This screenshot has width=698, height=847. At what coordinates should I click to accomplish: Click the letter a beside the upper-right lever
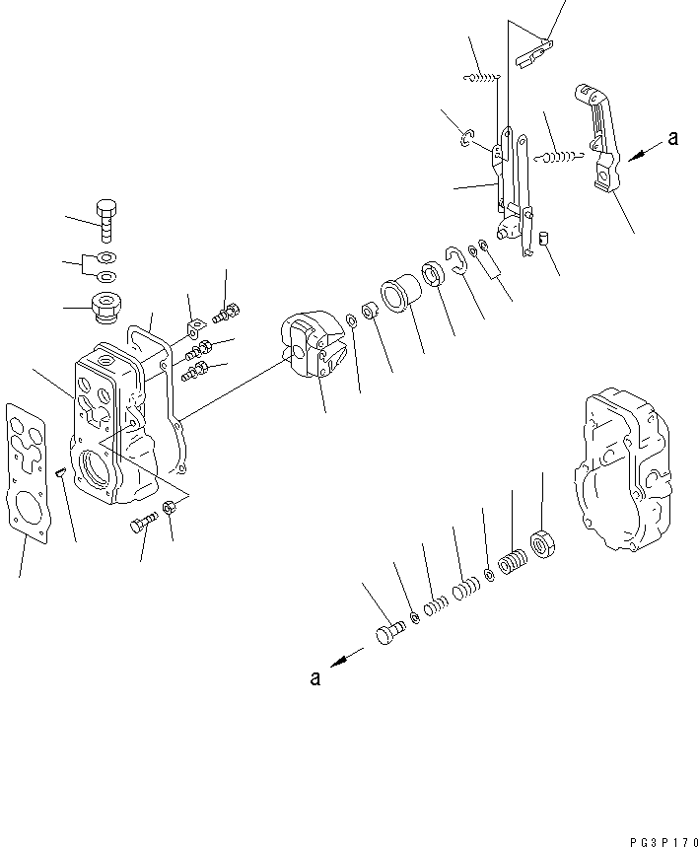tap(672, 139)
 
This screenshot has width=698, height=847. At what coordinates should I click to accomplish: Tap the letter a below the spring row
tap(314, 677)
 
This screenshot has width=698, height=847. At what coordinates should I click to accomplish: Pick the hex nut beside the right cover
tap(541, 541)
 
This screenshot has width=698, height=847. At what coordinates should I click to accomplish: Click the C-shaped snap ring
tap(455, 261)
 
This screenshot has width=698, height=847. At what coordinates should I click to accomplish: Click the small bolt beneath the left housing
tap(144, 524)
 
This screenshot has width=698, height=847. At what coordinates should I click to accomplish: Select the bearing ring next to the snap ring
tap(432, 274)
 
